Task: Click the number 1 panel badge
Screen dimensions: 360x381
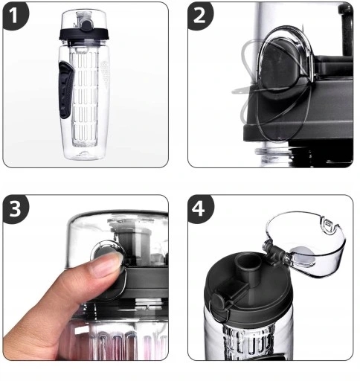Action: pyautogui.click(x=14, y=16)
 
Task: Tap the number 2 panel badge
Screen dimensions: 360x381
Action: pyautogui.click(x=199, y=16)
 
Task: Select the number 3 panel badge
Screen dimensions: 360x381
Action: pyautogui.click(x=15, y=208)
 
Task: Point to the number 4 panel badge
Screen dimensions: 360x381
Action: pyautogui.click(x=199, y=208)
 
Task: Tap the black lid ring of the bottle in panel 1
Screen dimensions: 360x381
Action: pyautogui.click(x=84, y=34)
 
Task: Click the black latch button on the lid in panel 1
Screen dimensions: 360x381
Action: pyautogui.click(x=86, y=25)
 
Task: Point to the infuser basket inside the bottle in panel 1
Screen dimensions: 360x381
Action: pyautogui.click(x=84, y=97)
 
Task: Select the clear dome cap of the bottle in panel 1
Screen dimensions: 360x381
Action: pyautogui.click(x=84, y=19)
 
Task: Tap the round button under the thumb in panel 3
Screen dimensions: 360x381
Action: pyautogui.click(x=106, y=251)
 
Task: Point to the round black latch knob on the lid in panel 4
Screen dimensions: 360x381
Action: pyautogui.click(x=218, y=301)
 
